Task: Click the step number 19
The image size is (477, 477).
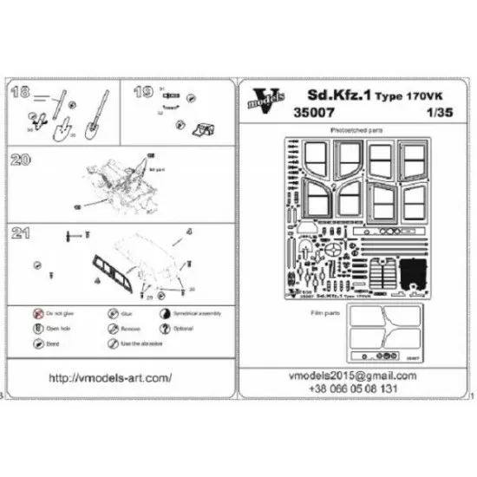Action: pos(144,90)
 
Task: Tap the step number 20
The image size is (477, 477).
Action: pos(21,160)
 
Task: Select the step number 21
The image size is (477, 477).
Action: pos(21,232)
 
